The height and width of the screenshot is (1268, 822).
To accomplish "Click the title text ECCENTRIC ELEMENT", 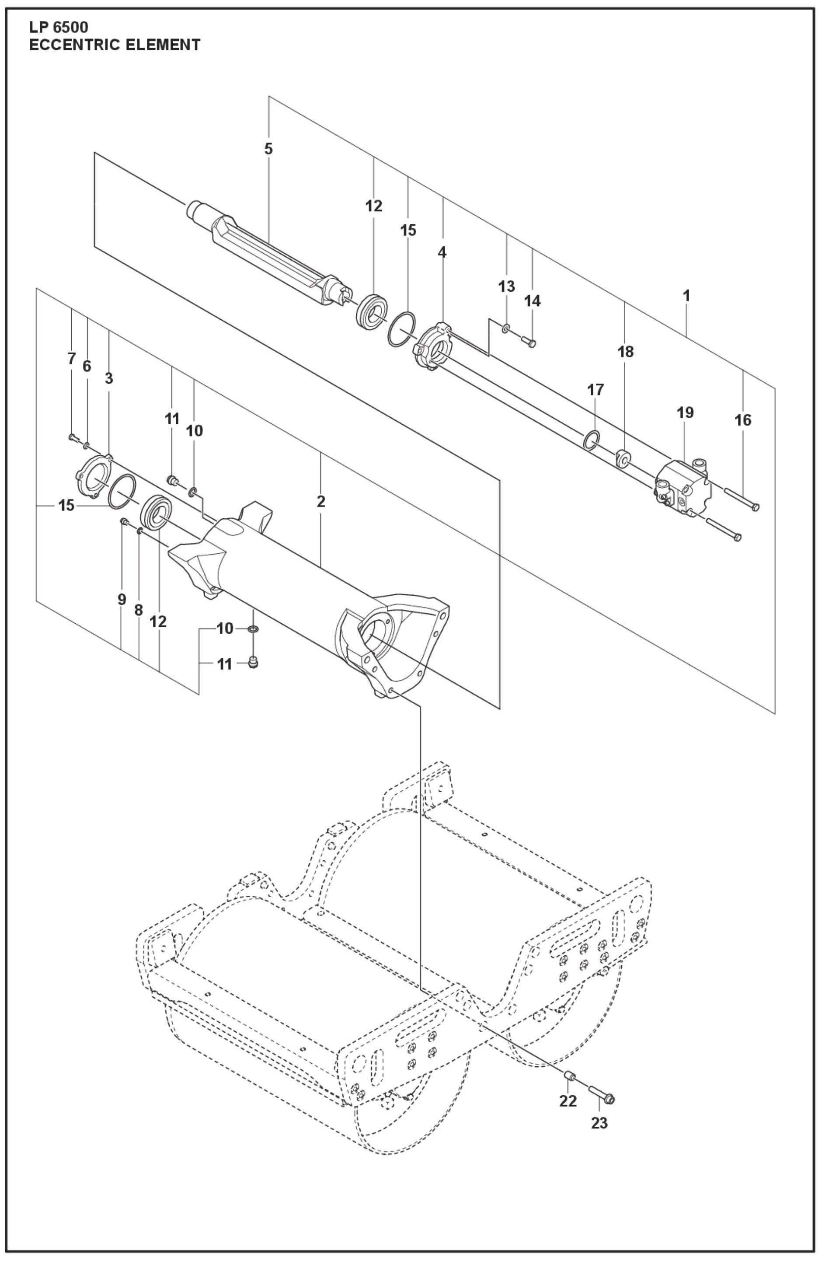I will pos(115,45).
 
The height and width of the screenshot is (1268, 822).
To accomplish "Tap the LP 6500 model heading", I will pos(59,27).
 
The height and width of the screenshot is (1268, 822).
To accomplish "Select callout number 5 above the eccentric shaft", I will pos(268,149).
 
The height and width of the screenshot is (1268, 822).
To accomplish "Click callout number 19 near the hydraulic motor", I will pos(685,412).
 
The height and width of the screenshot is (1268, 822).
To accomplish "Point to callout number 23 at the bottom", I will pos(599,1123).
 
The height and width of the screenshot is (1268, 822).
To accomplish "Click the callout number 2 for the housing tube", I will pos(320,501).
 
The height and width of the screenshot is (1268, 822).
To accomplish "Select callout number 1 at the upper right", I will pos(687,295).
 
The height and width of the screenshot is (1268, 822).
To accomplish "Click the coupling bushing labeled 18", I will pos(623,457).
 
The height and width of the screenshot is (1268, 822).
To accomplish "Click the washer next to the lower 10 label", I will pos(254,630).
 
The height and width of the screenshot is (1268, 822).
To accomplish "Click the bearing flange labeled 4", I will pos(435,347).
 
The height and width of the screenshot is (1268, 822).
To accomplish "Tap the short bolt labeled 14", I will pos(529,342).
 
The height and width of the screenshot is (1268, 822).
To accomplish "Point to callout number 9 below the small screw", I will pos(122,599).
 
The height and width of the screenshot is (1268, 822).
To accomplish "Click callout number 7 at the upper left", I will pos(71,359).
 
